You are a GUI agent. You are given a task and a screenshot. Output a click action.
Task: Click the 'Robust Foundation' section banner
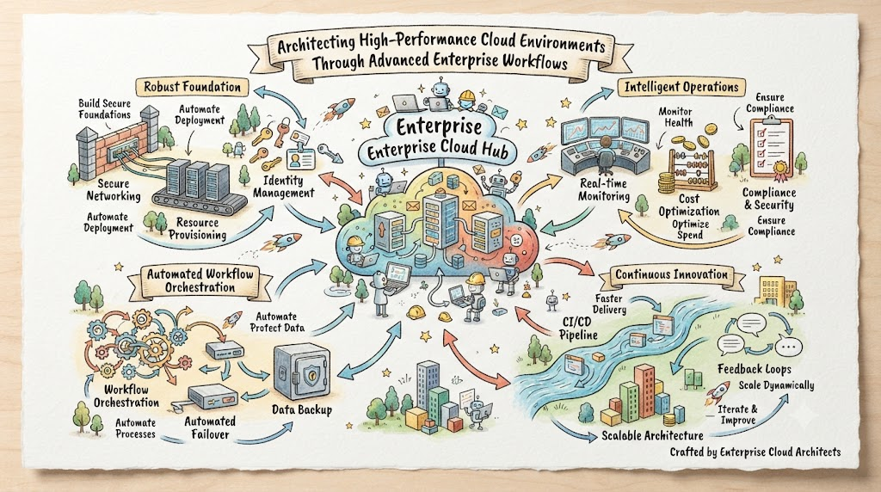(192, 87)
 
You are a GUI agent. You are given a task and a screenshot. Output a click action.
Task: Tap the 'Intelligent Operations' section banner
(681, 87)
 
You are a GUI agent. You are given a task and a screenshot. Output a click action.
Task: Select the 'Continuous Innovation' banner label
(671, 274)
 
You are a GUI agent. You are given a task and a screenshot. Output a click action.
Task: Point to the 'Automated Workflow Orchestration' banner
(200, 280)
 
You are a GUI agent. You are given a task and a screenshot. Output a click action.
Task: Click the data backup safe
(302, 372)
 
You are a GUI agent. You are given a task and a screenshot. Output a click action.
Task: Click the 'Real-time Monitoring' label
(603, 190)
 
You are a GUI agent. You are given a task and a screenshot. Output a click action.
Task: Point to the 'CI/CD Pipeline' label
(579, 329)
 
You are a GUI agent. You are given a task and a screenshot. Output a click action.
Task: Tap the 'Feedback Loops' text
(754, 369)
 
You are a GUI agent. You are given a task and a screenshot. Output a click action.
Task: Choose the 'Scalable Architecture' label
(652, 435)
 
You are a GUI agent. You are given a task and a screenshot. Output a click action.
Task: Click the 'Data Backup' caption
(302, 410)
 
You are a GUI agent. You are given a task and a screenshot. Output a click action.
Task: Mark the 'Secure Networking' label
(114, 190)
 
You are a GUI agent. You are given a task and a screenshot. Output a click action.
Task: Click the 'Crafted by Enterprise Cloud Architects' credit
(755, 452)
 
